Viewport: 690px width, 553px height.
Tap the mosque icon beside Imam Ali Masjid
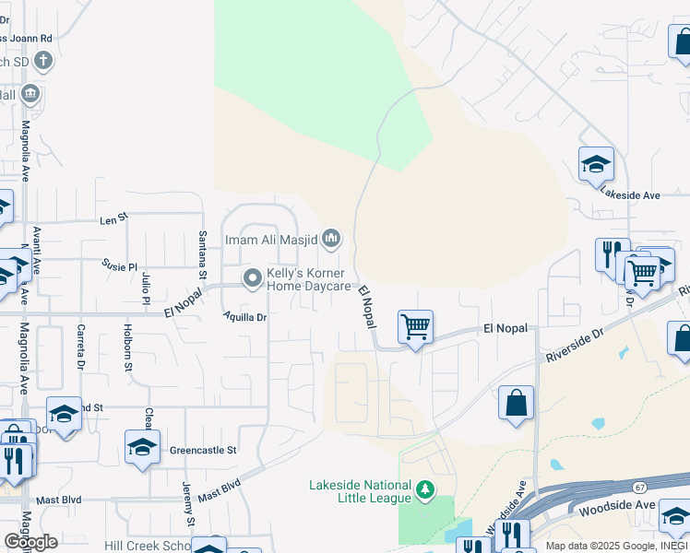(331, 240)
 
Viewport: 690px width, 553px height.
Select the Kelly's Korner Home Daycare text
(309, 279)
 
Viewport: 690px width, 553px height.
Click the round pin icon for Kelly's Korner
(252, 277)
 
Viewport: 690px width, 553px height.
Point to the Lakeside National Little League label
(360, 491)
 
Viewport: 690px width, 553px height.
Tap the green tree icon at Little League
(425, 488)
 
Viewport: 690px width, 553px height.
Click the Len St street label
(113, 221)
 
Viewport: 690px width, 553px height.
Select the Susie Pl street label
(119, 264)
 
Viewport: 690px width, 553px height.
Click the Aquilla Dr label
(244, 317)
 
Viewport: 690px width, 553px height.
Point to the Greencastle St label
(204, 451)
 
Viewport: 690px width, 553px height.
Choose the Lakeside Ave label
(631, 195)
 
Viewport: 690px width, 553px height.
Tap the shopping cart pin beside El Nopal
(416, 325)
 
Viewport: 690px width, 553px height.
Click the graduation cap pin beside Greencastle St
(142, 447)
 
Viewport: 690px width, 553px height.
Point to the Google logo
(31, 542)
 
